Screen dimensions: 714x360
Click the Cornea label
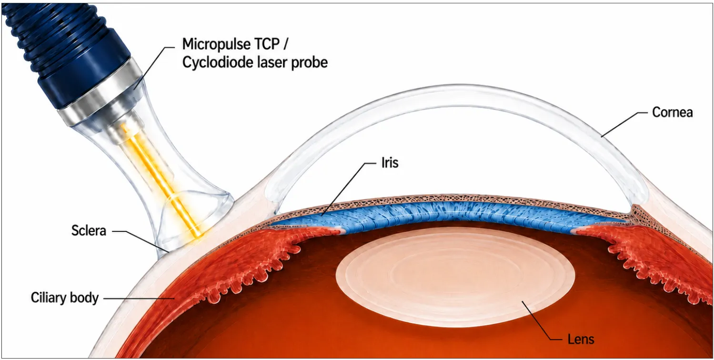(672, 112)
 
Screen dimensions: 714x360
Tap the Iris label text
(390, 163)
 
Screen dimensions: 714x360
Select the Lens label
(581, 340)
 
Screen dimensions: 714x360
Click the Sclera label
(89, 230)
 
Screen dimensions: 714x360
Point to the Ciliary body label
(65, 298)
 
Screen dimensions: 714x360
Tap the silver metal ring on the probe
(102, 92)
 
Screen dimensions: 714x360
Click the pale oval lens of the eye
(455, 277)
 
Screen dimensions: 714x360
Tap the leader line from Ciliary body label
(139, 299)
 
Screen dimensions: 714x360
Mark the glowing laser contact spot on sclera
(198, 236)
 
